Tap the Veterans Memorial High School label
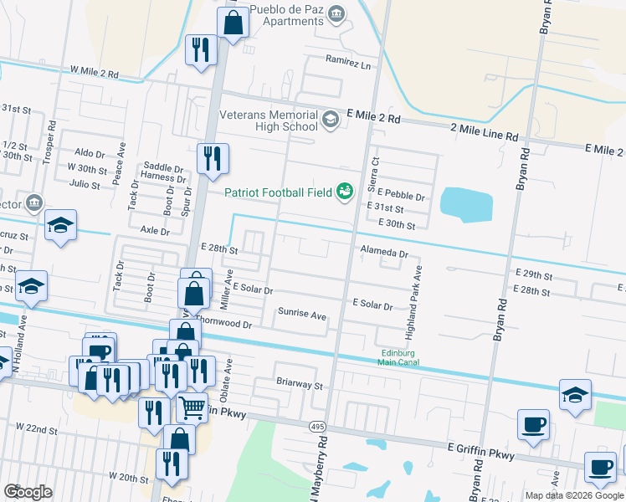coord(268,120)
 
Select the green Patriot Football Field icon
coord(344,193)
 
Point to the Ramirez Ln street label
coord(348,63)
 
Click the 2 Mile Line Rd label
coord(484,135)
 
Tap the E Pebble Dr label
coord(401,197)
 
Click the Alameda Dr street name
coord(384,253)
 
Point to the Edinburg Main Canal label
coord(398,358)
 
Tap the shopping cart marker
coord(192,408)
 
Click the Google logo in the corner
coord(28,492)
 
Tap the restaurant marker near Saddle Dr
coord(213,157)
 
